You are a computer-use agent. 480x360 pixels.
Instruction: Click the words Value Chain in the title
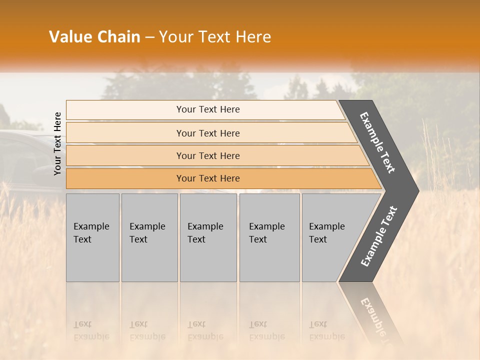pos(94,37)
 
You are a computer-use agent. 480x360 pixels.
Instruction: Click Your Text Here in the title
pos(215,37)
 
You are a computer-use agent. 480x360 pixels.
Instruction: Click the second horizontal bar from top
pos(208,133)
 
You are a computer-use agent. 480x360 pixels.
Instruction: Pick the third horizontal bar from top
pos(208,155)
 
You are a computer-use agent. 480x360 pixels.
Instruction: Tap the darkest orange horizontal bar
pos(208,178)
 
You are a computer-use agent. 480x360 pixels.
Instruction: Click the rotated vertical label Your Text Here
pos(58,143)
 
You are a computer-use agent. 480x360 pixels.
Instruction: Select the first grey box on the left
pos(92,237)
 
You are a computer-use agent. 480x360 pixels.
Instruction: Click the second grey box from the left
pos(149,237)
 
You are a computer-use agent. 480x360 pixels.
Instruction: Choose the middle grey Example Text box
pos(208,237)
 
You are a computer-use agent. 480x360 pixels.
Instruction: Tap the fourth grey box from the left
pos(269,237)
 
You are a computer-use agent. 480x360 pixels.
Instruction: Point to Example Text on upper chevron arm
pos(377,143)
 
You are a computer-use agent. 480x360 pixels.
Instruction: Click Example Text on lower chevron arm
pos(379,236)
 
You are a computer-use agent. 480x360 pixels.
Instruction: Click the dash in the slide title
pos(149,37)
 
